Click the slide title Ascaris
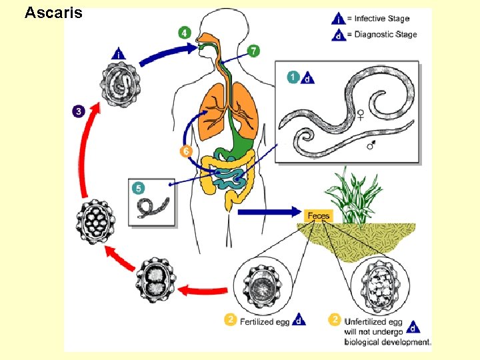tap(53, 12)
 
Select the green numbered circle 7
tap(253, 51)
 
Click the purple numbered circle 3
tap(79, 111)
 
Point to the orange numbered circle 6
tap(186, 151)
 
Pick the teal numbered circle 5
tap(139, 189)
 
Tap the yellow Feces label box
tap(317, 215)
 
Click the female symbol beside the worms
tap(361, 115)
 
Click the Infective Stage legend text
tap(381, 19)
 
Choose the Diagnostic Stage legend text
tap(385, 34)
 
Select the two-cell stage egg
tap(158, 280)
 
